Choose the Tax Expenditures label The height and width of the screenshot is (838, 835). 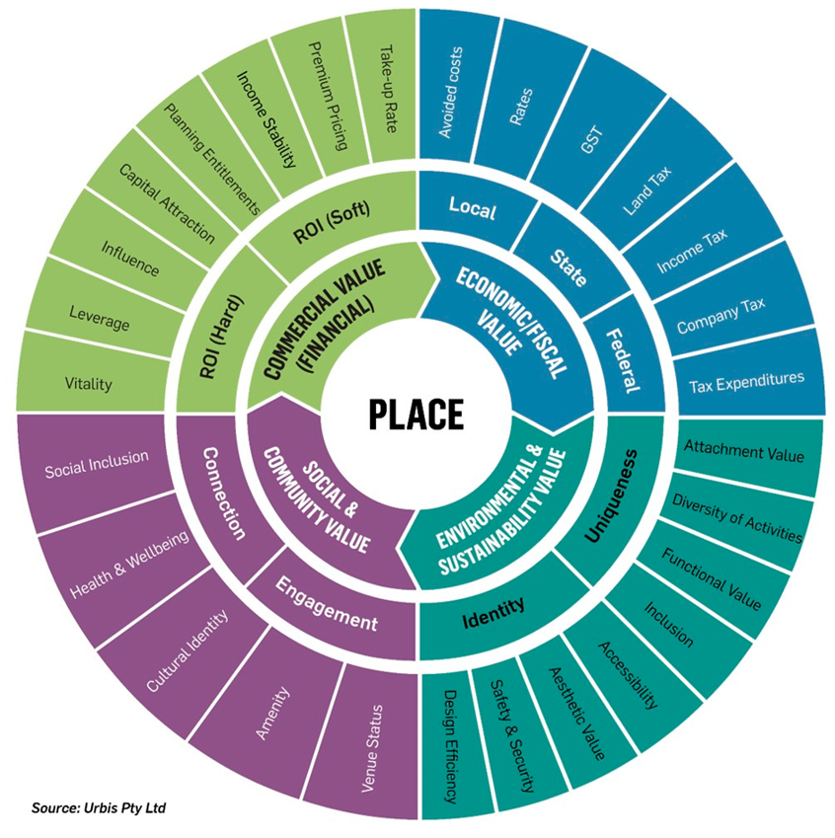tap(745, 378)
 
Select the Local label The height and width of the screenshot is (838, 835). tap(472, 208)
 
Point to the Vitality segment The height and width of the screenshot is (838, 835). tap(88, 383)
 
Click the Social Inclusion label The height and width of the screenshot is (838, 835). tap(97, 459)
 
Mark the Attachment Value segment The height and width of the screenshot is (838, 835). tap(744, 453)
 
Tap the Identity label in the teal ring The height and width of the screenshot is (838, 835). tap(494, 619)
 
